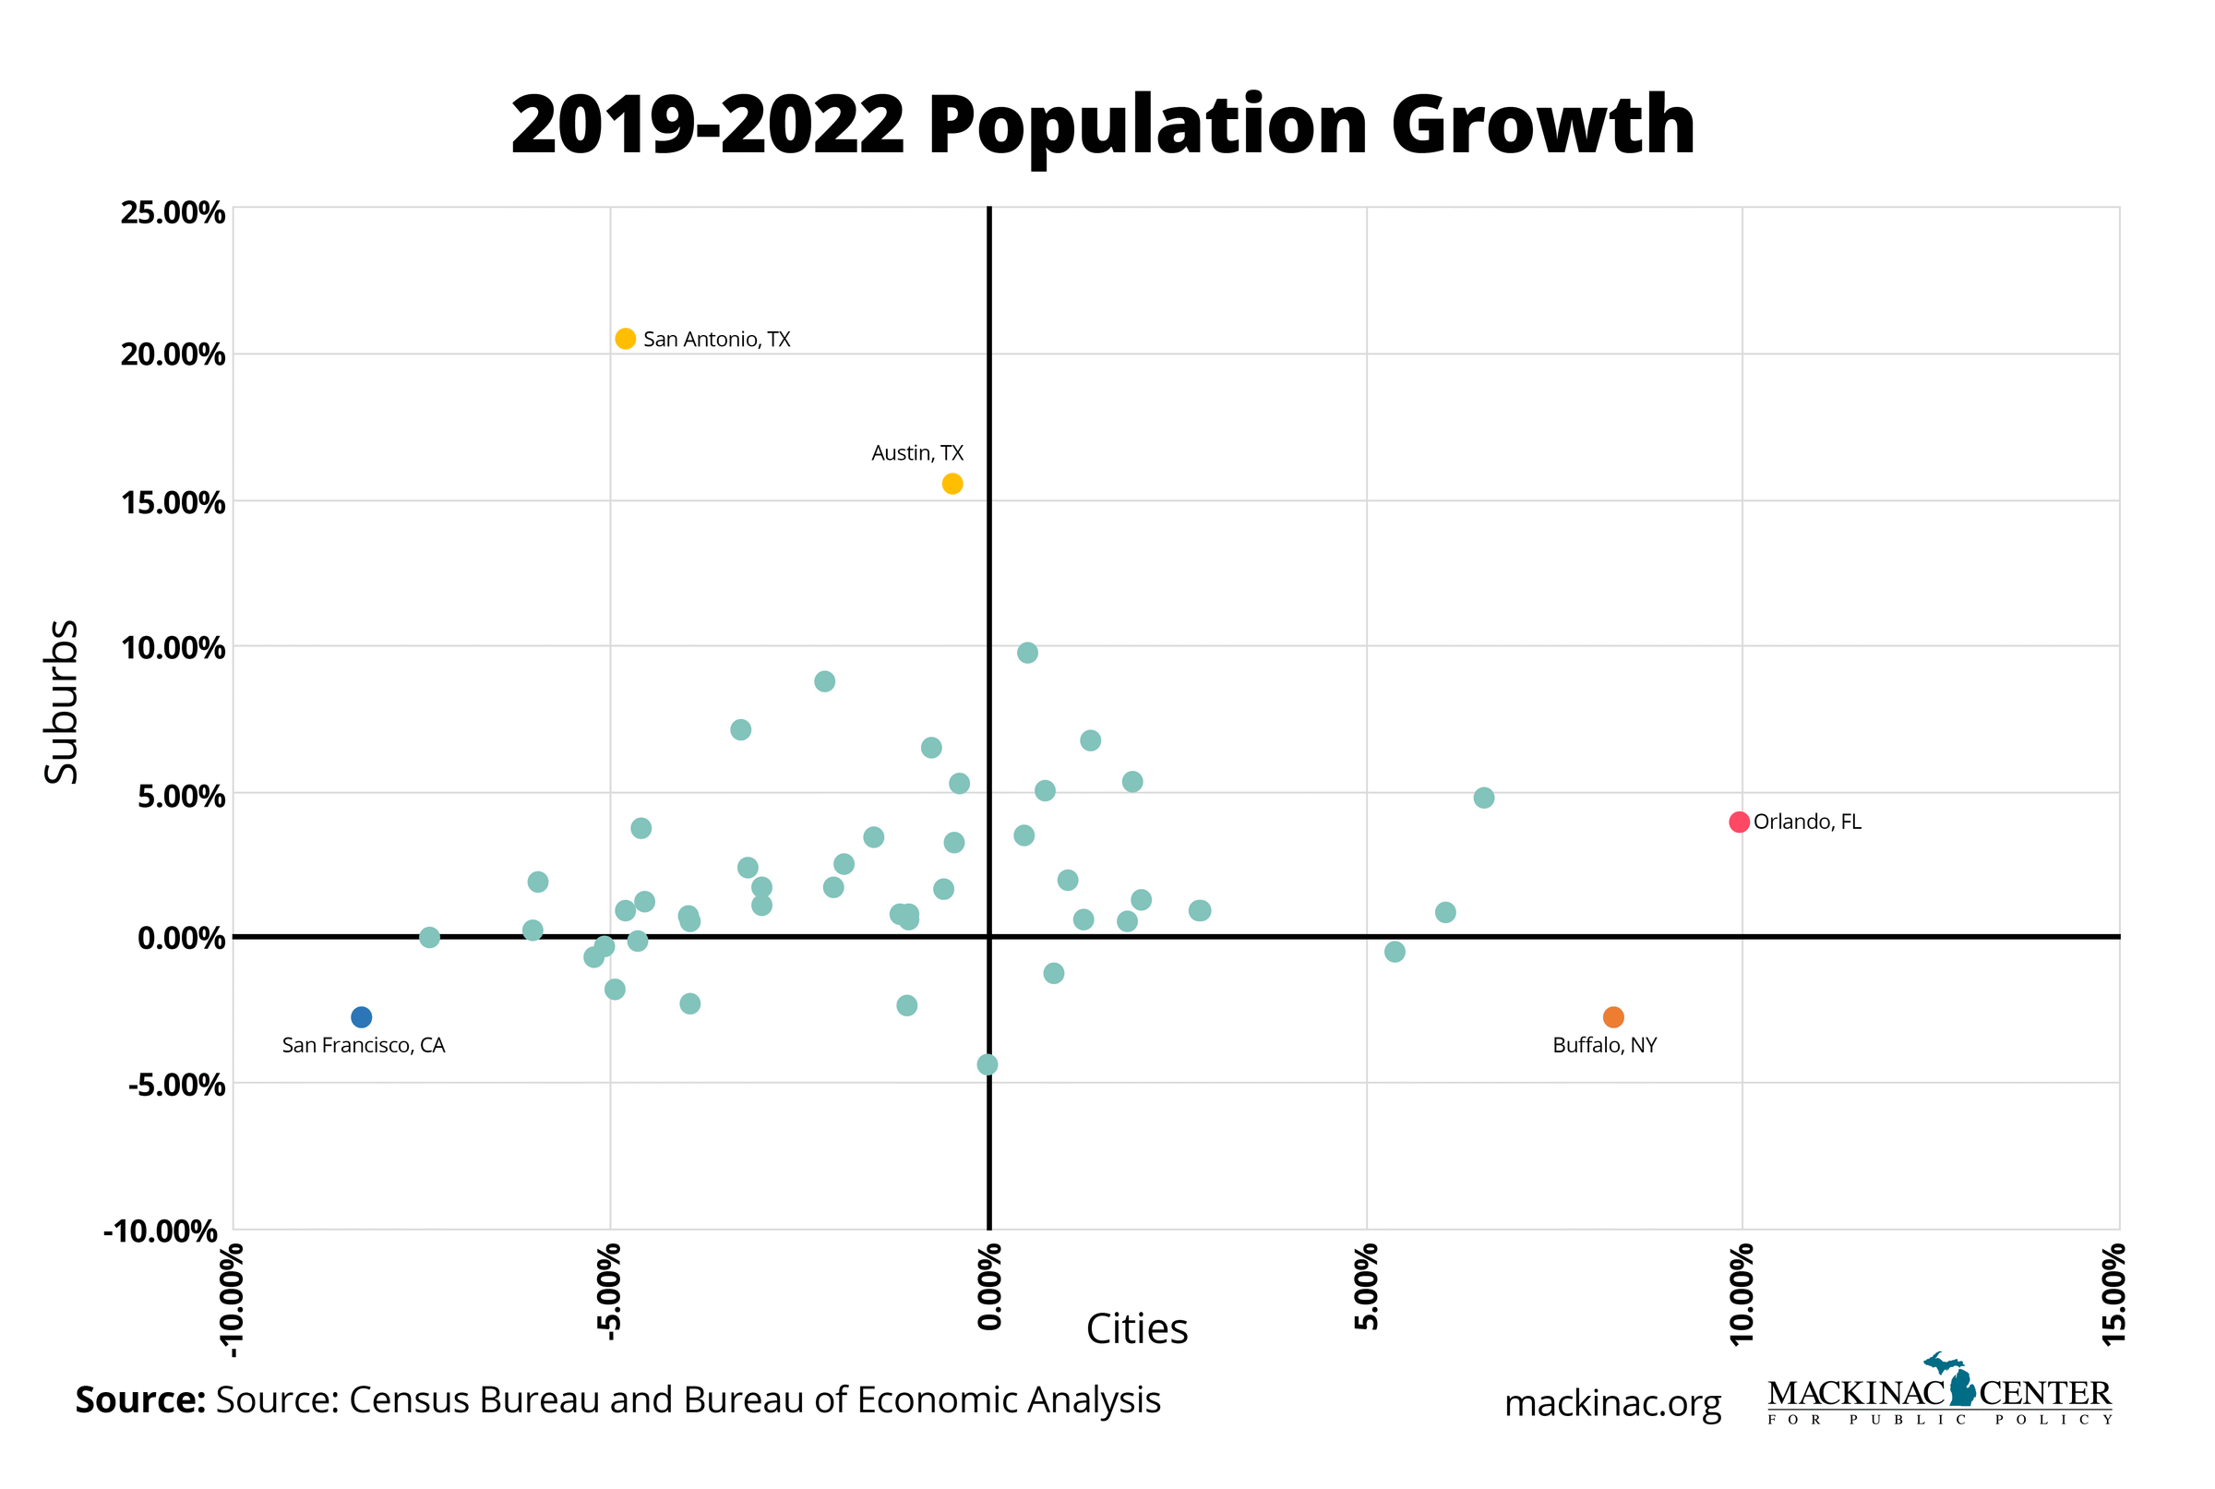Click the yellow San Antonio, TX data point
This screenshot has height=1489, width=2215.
tap(625, 339)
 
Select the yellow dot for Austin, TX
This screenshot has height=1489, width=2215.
tap(952, 485)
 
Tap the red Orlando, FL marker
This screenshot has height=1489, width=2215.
tap(1739, 823)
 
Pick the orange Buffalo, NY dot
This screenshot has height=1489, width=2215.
tap(1613, 1017)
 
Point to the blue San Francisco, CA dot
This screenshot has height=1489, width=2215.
tap(362, 1017)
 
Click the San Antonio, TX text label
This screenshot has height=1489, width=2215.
tap(717, 340)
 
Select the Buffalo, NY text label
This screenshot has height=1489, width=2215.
tap(1605, 1046)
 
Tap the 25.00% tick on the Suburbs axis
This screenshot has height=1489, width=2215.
tap(173, 212)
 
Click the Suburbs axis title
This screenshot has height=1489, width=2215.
tap(63, 702)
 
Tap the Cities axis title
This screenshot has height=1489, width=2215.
tap(1136, 1329)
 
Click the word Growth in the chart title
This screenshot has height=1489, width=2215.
tap(1543, 126)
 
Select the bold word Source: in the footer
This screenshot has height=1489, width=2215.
tap(140, 1400)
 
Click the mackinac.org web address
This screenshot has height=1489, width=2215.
tap(1612, 1403)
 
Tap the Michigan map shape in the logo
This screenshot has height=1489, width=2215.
tap(1960, 1380)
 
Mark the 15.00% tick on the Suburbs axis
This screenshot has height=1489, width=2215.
tap(173, 502)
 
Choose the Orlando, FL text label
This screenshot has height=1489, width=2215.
tap(1807, 823)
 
